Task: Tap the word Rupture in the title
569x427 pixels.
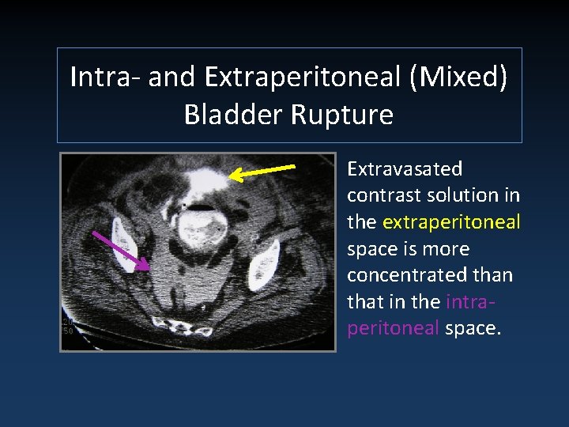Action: [343, 115]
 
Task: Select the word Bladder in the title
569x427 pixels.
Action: [236, 115]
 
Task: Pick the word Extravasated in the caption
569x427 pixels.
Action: [405, 169]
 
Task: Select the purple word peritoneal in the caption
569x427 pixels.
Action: [393, 328]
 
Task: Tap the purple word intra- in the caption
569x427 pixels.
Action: [472, 301]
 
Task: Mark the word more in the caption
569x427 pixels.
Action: [447, 249]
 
